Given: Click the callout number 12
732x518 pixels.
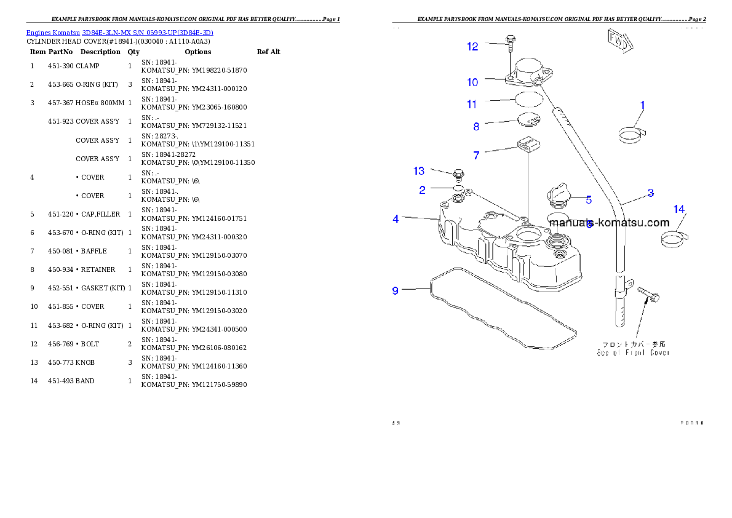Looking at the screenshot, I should tap(472, 47).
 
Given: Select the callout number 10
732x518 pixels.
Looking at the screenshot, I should tap(472, 82).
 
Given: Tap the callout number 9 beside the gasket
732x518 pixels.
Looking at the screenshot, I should tap(396, 290).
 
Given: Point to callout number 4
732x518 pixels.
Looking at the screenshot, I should tap(396, 219).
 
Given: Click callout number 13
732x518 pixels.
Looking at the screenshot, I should tap(419, 170).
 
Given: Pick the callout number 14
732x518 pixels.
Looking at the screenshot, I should tap(678, 210).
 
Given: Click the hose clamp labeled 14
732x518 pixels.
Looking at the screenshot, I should tap(674, 239).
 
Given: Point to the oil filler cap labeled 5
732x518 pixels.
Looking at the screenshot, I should tap(559, 196).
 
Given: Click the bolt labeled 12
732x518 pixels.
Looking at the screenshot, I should tap(510, 42).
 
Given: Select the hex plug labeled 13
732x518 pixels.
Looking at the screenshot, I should tap(458, 175).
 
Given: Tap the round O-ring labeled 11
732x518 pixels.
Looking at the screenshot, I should tap(528, 99).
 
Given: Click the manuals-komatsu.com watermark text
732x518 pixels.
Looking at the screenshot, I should tap(608, 223).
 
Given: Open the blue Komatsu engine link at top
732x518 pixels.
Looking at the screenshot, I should tap(119, 33).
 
